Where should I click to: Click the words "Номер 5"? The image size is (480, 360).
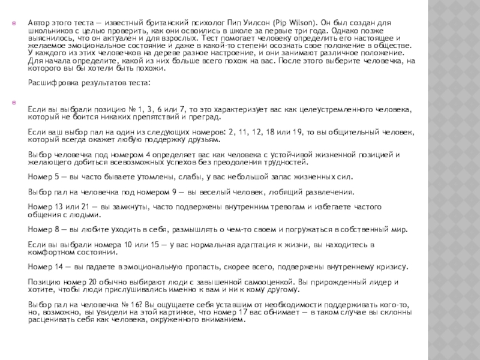click(x=43, y=177)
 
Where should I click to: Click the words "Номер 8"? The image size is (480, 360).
click(x=43, y=229)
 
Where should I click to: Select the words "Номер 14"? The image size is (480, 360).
click(x=45, y=266)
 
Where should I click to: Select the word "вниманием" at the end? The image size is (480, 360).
click(x=225, y=319)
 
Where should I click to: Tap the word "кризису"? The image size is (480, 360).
click(x=391, y=266)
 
